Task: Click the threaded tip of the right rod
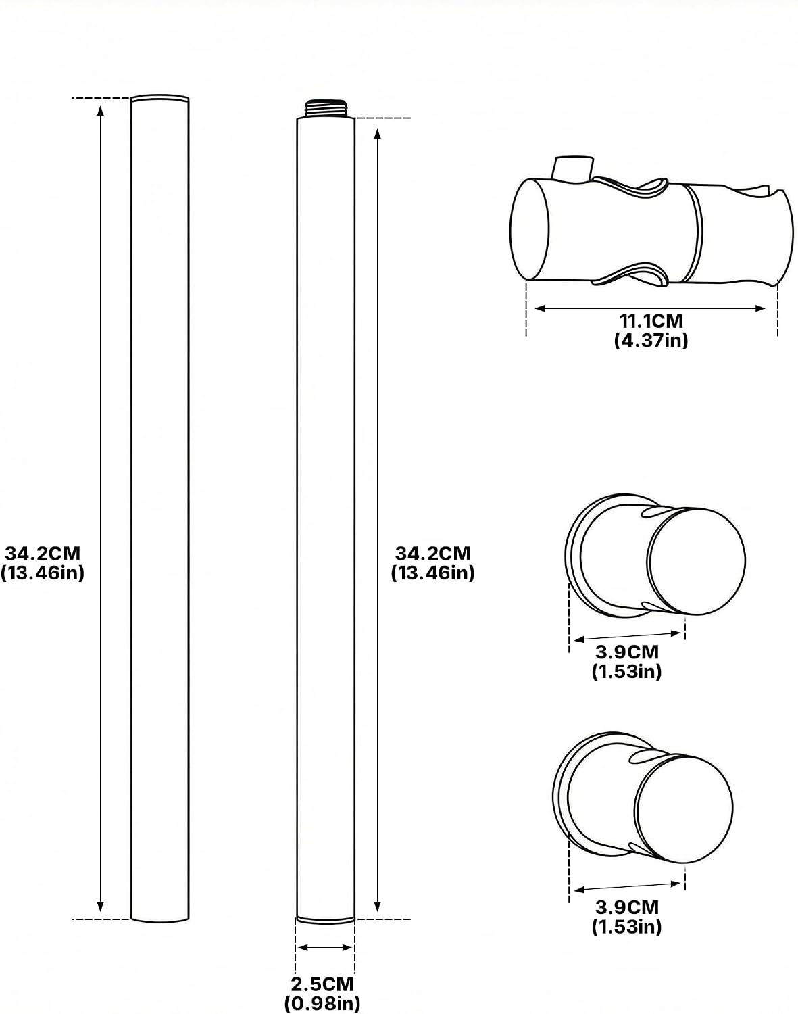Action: click(326, 108)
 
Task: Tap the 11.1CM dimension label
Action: click(651, 321)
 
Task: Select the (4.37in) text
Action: click(651, 340)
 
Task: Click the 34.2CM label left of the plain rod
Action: click(43, 553)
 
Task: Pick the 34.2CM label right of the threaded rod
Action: click(433, 553)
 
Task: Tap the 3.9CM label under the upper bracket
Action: click(627, 652)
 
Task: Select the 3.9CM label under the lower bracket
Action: click(627, 907)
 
